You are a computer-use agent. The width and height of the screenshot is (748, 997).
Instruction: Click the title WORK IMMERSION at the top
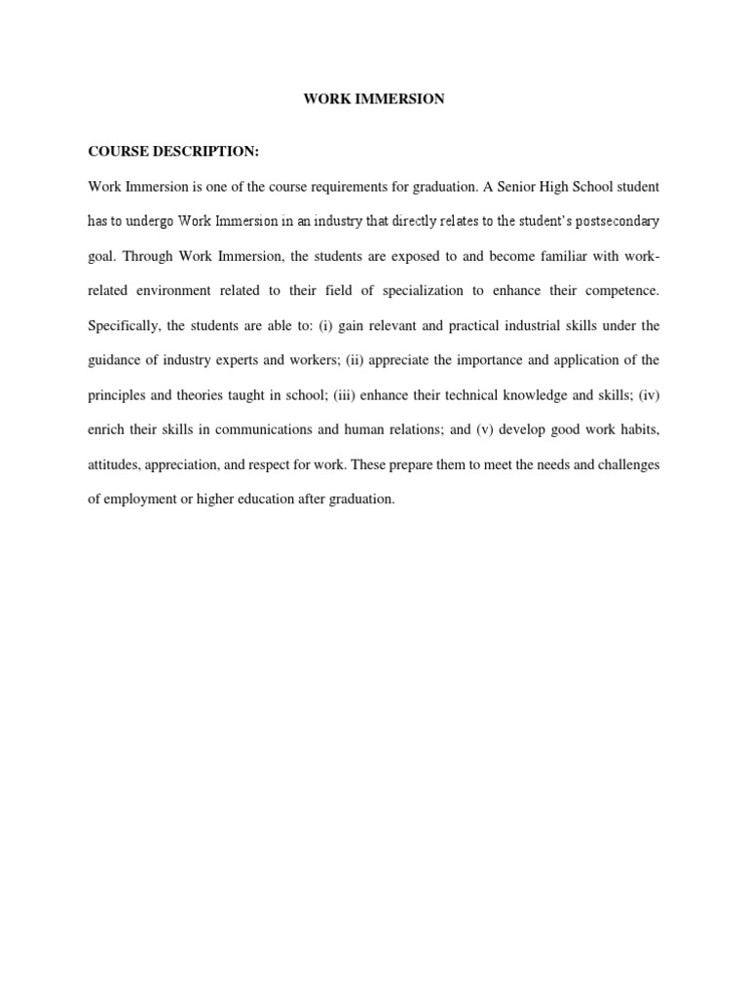click(374, 99)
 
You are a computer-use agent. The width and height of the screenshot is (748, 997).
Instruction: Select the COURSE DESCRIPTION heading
click(174, 152)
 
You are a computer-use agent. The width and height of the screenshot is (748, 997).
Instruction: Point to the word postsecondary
click(617, 221)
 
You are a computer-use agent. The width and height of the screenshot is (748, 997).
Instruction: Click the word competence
click(618, 290)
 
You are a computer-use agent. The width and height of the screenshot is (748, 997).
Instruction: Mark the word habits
click(639, 429)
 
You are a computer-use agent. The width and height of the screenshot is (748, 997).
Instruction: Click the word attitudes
click(115, 464)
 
